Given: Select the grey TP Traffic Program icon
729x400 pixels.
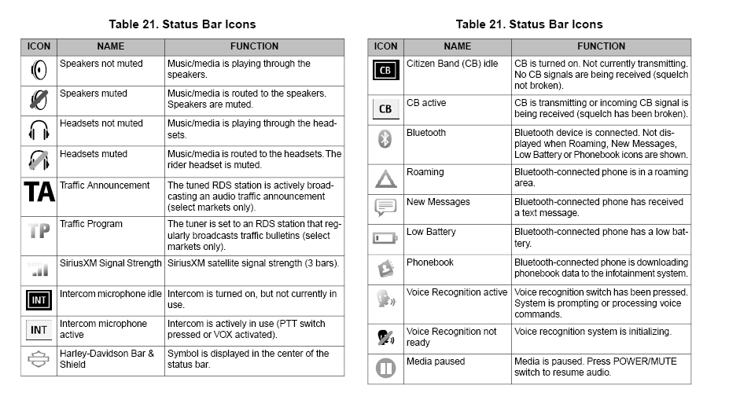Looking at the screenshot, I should (x=39, y=231).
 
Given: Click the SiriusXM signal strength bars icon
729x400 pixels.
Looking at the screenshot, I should (x=39, y=270).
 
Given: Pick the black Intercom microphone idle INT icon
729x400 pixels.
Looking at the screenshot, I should (x=39, y=299).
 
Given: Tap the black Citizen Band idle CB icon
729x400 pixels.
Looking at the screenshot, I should (x=385, y=71).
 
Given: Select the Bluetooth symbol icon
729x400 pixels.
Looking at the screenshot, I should (x=385, y=139).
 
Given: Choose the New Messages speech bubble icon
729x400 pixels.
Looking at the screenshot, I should (x=385, y=208).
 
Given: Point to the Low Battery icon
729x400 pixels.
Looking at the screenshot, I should (x=385, y=237).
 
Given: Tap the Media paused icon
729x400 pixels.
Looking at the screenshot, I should (x=385, y=368).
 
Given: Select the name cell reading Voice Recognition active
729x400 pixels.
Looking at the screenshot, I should (x=456, y=292).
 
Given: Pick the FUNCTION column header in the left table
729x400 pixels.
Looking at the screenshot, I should (x=254, y=46).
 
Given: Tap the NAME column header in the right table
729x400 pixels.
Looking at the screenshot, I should (x=457, y=46).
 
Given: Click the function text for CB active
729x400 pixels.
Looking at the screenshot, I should (x=601, y=108).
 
